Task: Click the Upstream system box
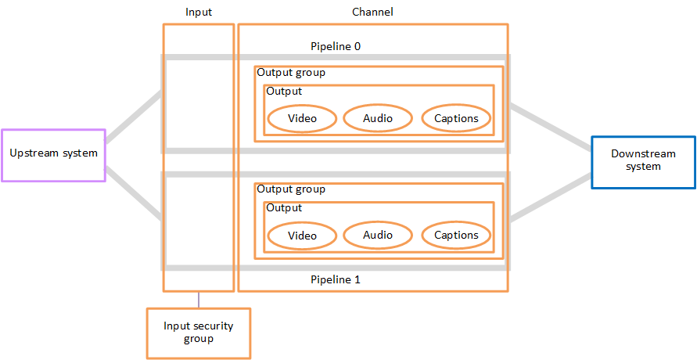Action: (53, 154)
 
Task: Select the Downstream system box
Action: (643, 162)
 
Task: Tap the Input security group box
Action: (199, 333)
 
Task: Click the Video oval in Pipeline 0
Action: (302, 118)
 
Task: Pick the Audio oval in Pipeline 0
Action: (378, 118)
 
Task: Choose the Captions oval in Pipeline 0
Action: (456, 118)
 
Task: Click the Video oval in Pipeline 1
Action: (302, 235)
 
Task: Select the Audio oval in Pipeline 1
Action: (378, 235)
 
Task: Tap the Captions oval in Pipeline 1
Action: (456, 235)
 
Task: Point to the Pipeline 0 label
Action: (336, 47)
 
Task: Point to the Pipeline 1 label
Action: (336, 279)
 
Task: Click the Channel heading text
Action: (373, 13)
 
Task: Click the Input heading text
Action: (199, 13)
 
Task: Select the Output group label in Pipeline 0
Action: (291, 73)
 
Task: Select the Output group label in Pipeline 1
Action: (291, 189)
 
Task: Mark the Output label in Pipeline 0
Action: (284, 92)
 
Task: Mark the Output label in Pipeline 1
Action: (284, 208)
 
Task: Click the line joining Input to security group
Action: (199, 300)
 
